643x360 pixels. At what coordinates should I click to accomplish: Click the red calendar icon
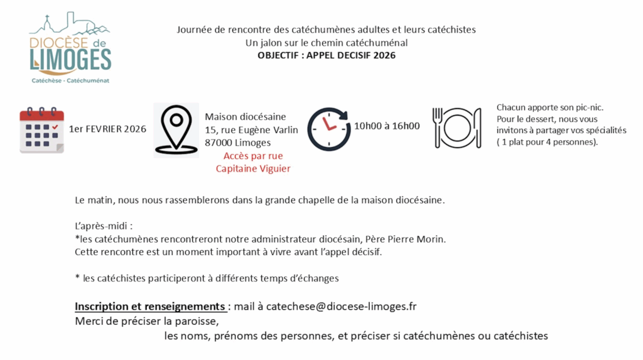click(41, 130)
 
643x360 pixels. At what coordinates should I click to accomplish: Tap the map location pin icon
click(176, 129)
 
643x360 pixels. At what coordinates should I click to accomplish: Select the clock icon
click(328, 129)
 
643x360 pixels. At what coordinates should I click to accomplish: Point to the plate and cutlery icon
click(457, 127)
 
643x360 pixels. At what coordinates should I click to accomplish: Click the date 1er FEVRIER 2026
click(107, 129)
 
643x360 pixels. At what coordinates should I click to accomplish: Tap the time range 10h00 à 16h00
click(387, 126)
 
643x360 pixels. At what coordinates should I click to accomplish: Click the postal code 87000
click(219, 143)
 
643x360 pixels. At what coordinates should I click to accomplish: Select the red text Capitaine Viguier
click(253, 168)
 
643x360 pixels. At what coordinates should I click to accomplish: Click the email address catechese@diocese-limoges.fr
click(342, 307)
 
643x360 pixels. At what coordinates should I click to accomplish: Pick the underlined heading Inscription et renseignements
click(150, 307)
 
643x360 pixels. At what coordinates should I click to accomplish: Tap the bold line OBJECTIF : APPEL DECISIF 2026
click(327, 55)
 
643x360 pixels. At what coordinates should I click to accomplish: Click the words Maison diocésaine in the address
click(246, 116)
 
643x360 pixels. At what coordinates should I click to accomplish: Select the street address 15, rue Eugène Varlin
click(251, 129)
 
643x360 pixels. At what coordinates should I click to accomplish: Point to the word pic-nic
click(590, 107)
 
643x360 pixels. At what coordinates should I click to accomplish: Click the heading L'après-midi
click(104, 225)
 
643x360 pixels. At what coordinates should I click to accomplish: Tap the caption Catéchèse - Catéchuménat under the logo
click(70, 81)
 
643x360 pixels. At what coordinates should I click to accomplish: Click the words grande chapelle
click(301, 200)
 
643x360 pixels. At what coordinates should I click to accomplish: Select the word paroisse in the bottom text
click(198, 321)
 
